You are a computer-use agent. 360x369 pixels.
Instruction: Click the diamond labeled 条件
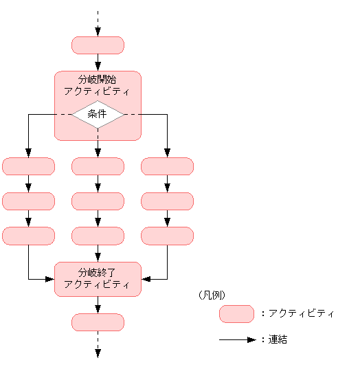[98, 114]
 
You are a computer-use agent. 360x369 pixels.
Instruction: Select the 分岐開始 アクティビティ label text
[98, 85]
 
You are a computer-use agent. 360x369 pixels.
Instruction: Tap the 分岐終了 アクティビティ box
[98, 279]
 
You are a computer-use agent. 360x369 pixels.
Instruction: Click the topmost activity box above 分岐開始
[98, 45]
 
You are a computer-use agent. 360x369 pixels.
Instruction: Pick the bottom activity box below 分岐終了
[98, 322]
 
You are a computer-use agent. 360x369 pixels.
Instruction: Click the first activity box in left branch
[28, 166]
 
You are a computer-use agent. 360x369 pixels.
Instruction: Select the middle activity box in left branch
[28, 201]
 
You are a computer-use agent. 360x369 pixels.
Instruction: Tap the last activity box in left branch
[28, 236]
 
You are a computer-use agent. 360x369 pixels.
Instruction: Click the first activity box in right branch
[167, 166]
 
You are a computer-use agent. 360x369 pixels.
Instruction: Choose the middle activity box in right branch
[167, 201]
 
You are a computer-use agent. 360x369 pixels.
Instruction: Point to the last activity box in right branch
[167, 236]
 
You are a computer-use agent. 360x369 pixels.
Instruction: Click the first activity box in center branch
[98, 166]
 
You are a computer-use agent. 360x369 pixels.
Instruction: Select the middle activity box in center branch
[98, 201]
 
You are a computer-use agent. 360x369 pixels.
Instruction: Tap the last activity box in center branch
[98, 236]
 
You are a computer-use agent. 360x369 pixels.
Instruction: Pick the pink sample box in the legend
[236, 314]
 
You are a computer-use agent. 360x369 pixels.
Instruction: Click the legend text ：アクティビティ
[297, 314]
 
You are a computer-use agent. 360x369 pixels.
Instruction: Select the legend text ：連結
[273, 339]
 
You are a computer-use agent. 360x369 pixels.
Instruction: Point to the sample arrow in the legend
[237, 339]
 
